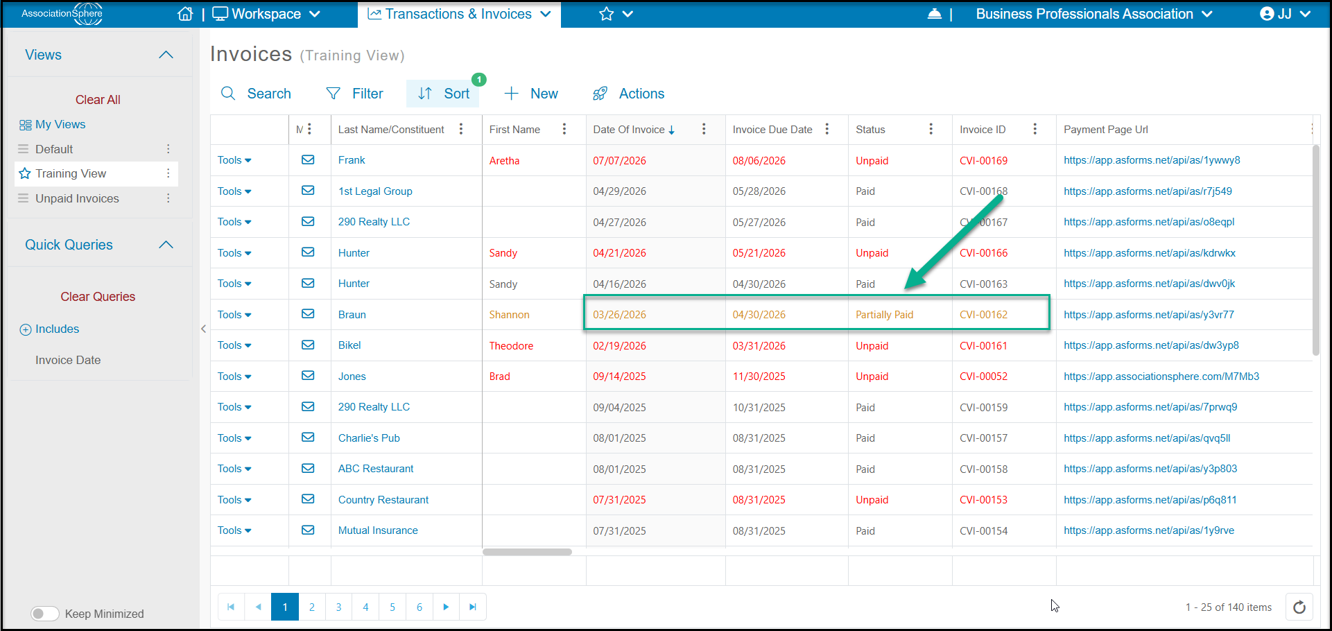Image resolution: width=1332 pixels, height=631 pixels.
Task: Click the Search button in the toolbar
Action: click(255, 94)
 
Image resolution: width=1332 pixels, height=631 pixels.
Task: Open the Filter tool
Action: click(354, 94)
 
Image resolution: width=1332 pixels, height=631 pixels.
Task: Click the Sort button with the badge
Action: click(443, 94)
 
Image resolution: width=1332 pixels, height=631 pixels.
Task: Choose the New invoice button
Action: click(530, 94)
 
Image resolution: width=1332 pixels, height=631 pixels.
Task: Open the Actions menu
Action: click(628, 94)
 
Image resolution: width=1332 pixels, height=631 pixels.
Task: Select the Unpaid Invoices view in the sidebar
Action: click(77, 198)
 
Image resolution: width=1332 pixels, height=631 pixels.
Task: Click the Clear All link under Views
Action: click(98, 100)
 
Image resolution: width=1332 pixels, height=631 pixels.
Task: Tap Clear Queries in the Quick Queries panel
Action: click(98, 297)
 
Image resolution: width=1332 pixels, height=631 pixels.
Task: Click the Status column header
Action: click(870, 130)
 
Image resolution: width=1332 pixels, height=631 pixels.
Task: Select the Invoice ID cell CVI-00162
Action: click(983, 315)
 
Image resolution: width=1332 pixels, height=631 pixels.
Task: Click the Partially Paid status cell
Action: click(884, 315)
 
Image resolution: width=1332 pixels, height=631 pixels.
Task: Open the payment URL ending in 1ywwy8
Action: click(1152, 160)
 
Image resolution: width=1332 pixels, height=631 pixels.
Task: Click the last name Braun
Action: click(352, 315)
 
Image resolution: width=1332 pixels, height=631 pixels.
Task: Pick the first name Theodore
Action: click(511, 346)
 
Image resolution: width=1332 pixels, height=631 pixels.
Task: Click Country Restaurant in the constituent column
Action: click(383, 500)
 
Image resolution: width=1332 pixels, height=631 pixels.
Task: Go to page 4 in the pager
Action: click(365, 607)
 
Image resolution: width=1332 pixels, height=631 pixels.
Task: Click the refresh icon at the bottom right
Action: click(1299, 607)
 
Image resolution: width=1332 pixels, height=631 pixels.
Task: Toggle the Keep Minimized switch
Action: click(45, 614)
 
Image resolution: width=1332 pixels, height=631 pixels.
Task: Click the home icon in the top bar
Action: click(185, 14)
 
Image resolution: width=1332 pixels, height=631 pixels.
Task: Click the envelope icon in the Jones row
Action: click(308, 376)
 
